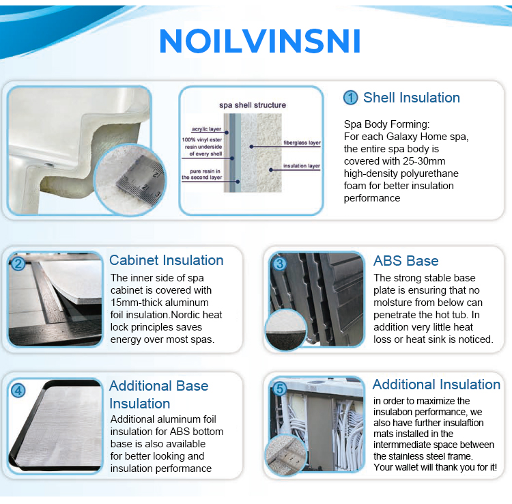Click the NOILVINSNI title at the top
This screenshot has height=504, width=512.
pyautogui.click(x=259, y=41)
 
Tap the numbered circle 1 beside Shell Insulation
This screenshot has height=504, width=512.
pyautogui.click(x=350, y=98)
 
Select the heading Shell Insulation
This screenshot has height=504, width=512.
pyautogui.click(x=411, y=98)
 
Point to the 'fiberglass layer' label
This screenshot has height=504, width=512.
pyautogui.click(x=302, y=143)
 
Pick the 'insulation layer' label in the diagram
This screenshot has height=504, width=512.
pyautogui.click(x=302, y=166)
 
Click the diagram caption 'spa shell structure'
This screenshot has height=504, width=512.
pyautogui.click(x=252, y=105)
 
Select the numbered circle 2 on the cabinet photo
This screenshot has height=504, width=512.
pyautogui.click(x=18, y=262)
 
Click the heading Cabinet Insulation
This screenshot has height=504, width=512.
pyautogui.click(x=166, y=260)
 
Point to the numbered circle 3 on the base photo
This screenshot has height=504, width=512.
pyautogui.click(x=279, y=264)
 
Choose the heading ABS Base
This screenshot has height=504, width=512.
pyautogui.click(x=406, y=261)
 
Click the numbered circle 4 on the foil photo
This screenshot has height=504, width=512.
pyautogui.click(x=18, y=391)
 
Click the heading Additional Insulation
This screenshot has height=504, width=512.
pyautogui.click(x=436, y=384)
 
